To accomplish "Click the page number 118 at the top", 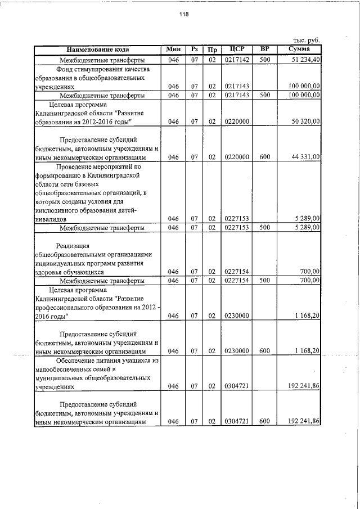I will click(184, 15).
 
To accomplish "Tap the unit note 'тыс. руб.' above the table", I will click(307, 40).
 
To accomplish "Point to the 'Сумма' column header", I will click(299, 49).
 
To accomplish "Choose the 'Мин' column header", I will click(173, 49).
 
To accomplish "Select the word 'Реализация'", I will click(73, 245).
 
